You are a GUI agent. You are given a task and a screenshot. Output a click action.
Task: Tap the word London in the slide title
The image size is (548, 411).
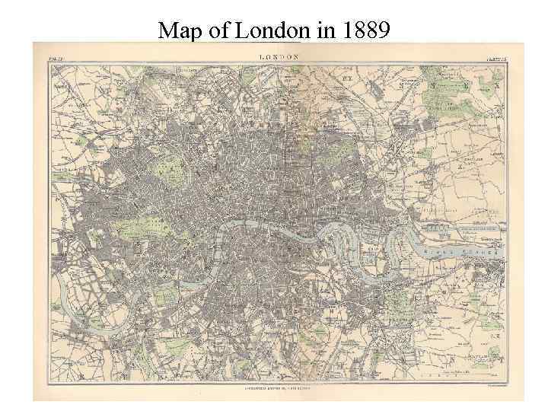pos(271,30)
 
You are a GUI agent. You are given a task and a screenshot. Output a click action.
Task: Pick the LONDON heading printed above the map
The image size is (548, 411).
pos(279,56)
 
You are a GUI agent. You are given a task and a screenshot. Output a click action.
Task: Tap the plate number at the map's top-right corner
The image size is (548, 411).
pos(495,57)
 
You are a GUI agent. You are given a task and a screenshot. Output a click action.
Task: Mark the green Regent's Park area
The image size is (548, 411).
pos(169,164)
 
